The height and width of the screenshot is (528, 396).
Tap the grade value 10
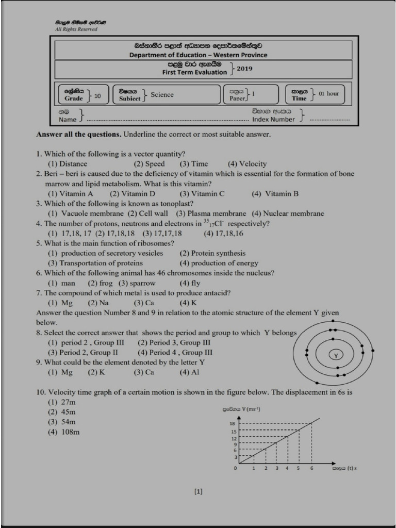[97, 96]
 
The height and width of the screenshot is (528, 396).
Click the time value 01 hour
[328, 94]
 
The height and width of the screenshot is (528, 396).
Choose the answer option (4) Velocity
[247, 164]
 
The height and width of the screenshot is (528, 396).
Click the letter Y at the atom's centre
[336, 356]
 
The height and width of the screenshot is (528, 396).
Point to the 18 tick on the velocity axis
[233, 423]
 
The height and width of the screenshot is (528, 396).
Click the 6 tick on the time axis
[311, 468]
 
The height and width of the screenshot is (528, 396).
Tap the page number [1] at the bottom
[199, 491]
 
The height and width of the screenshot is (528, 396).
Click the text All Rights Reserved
[76, 29]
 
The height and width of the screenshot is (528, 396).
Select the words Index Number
[273, 120]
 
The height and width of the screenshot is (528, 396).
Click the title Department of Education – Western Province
[198, 55]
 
